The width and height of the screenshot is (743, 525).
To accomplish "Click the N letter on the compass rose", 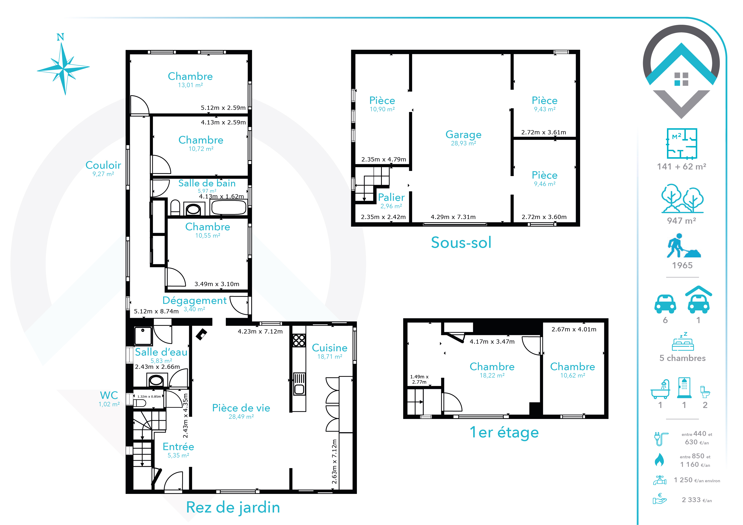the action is coord(60,37).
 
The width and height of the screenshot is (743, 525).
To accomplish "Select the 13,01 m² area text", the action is coord(190,85).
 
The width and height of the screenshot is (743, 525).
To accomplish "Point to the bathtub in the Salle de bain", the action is coord(229,207).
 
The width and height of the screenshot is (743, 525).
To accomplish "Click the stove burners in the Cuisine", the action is coord(299,340).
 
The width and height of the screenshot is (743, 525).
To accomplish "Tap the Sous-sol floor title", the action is coord(461,243).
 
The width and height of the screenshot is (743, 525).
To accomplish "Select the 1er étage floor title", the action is coord(504,432).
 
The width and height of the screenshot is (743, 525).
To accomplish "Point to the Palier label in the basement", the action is coord(391,197).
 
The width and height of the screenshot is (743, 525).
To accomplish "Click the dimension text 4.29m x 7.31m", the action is coord(453,217).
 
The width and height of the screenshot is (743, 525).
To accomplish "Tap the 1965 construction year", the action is coord(682,265).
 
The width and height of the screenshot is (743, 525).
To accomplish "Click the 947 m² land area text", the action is coord(682,221).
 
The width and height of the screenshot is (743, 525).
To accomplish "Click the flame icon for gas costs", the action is coord(659,460).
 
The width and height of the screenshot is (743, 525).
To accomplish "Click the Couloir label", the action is coord(103,165).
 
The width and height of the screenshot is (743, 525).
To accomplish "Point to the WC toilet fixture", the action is coord(140,403).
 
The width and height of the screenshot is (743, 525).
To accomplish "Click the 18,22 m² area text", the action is coord(492,376).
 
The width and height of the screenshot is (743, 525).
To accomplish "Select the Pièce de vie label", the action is coord(241,408).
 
